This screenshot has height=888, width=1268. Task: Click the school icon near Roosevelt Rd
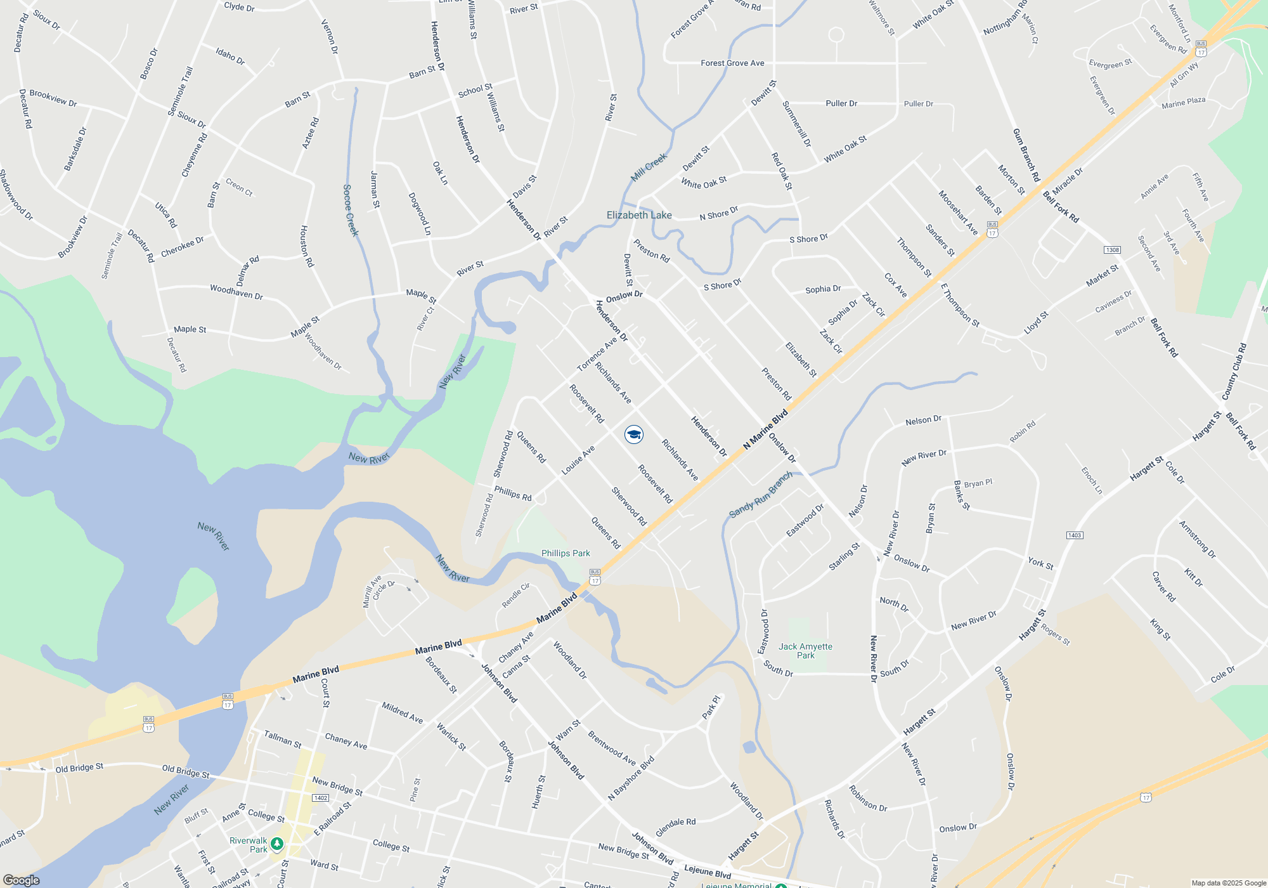(x=634, y=434)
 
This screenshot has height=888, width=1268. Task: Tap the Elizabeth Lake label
(x=639, y=215)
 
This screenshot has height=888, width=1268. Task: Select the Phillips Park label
(x=566, y=553)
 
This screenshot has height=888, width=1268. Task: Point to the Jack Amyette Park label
(x=805, y=651)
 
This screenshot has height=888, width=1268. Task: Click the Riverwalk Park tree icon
(x=276, y=844)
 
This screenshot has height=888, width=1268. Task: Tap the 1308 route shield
(x=1112, y=250)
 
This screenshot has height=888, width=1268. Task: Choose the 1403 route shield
(x=1074, y=535)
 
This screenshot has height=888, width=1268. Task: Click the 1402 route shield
(x=320, y=797)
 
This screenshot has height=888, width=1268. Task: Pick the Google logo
(x=21, y=880)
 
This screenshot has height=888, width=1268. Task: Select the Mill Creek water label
(x=649, y=167)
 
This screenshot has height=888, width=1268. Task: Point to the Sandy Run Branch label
(x=761, y=495)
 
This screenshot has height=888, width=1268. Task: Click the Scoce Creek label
(x=351, y=210)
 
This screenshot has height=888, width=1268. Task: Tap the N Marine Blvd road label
(x=765, y=429)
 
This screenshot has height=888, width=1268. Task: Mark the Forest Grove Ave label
(x=732, y=63)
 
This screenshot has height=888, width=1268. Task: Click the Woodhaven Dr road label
(x=236, y=292)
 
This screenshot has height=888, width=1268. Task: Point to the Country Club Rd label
(x=1234, y=372)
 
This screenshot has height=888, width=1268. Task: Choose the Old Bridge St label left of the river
(x=79, y=768)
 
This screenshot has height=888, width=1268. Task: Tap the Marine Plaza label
(x=1183, y=103)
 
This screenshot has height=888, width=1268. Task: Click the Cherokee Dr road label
(x=183, y=247)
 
